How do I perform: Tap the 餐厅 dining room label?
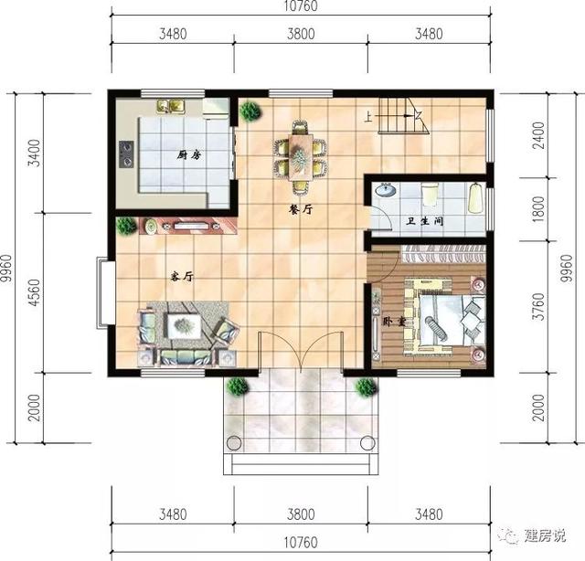click(x=301, y=209)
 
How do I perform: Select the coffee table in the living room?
click(x=186, y=324)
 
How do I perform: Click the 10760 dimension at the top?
click(x=301, y=9)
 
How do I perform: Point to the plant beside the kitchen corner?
click(x=248, y=111)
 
